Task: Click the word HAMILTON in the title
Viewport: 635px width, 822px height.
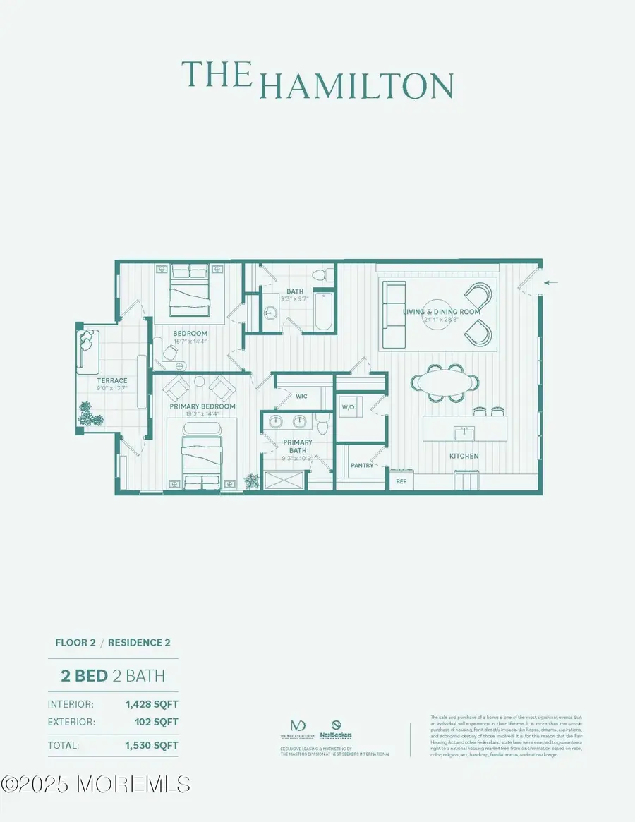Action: (356, 85)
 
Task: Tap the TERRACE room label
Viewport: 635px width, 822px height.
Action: (112, 381)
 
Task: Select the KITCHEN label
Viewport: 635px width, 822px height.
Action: (464, 456)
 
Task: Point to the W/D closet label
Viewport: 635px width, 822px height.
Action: (348, 408)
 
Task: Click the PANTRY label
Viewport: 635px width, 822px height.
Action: (362, 466)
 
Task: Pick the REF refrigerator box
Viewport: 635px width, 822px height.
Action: (401, 481)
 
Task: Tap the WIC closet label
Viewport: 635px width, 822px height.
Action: (301, 397)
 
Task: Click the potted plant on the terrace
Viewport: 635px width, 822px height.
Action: (90, 414)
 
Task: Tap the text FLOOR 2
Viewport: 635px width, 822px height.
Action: (76, 643)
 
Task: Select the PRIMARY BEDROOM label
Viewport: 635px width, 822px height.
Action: (202, 406)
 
